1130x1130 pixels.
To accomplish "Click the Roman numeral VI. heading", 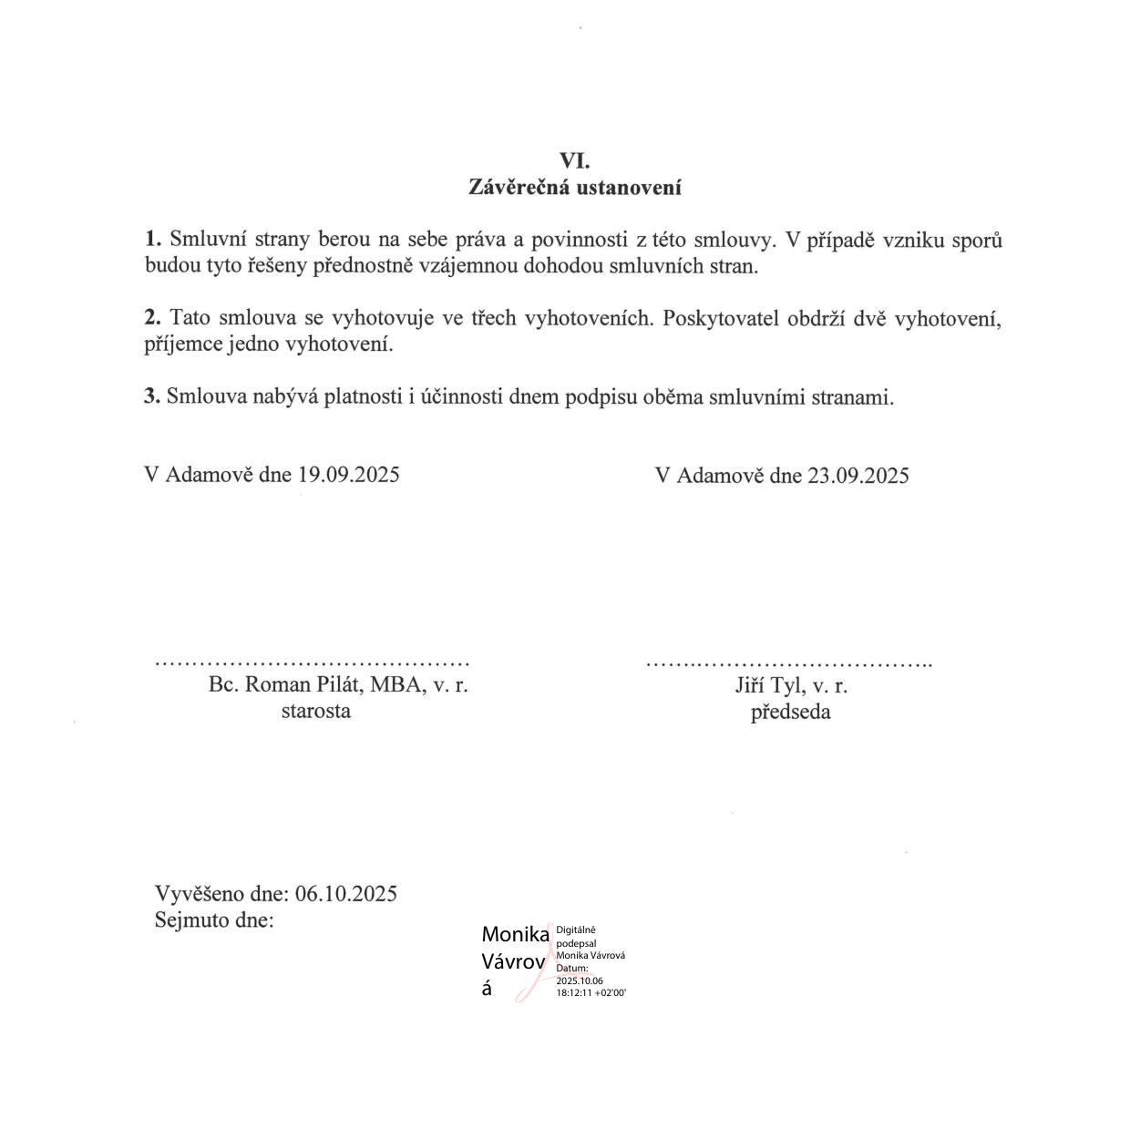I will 574,161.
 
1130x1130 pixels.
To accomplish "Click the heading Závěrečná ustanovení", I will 574,188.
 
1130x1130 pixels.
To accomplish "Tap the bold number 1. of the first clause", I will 153,240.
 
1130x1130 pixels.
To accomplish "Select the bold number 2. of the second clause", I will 153,318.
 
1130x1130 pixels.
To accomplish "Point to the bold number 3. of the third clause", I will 152,397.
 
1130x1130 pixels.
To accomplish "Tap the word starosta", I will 315,711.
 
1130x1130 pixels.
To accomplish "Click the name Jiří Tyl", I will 770,685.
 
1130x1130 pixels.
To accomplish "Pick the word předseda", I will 790,712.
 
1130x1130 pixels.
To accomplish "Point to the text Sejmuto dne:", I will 214,919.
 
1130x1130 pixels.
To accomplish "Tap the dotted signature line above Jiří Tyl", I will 788,663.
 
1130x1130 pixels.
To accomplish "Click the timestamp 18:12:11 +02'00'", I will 591,993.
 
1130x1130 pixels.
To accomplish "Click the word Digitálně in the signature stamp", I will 576,930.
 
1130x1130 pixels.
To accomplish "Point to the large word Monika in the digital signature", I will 515,934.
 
